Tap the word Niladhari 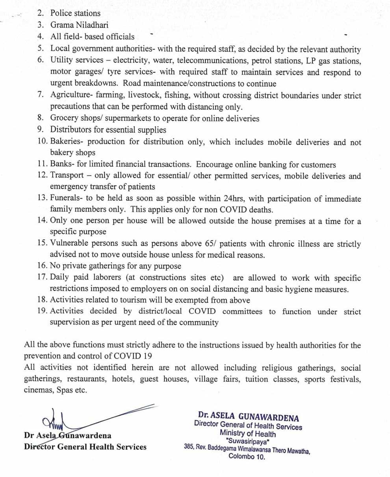coord(86,25)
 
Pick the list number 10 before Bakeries coord(43,142)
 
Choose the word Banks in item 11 coord(61,164)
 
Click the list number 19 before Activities coord(43,311)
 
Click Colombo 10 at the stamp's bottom coord(247,457)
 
